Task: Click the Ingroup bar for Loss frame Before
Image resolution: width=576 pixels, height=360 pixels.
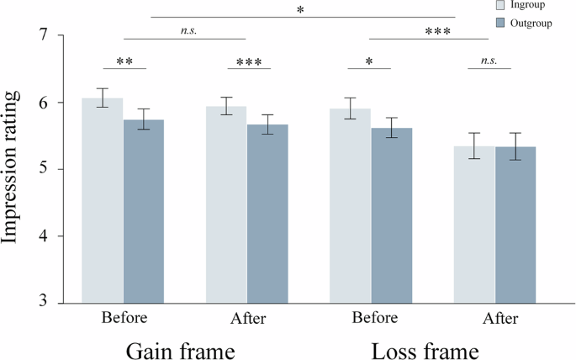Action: [350, 205]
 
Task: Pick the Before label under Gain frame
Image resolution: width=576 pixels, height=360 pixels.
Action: [124, 318]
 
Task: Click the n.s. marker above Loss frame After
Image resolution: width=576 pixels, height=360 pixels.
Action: [489, 61]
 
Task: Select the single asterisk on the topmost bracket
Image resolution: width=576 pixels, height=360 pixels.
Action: [301, 11]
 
